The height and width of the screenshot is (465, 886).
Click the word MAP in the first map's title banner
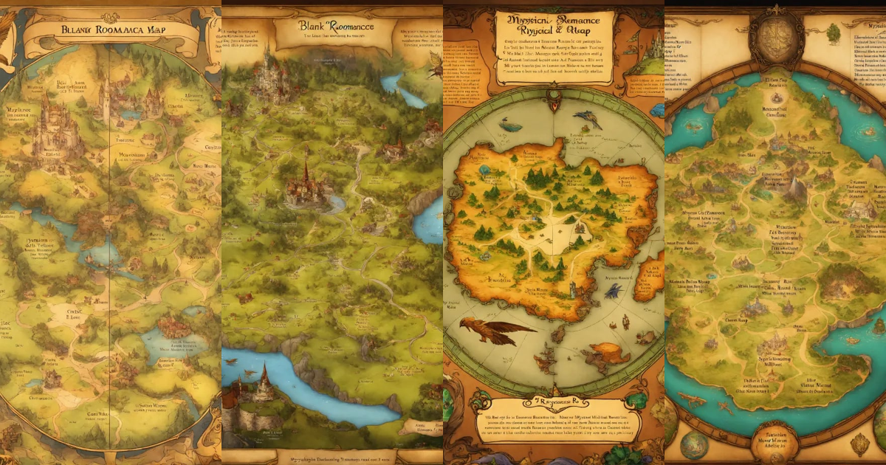point(165,30)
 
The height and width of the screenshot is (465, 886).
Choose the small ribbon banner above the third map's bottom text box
point(554,404)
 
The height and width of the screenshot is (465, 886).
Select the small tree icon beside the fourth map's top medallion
point(832,33)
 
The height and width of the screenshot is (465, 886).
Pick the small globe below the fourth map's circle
point(694,446)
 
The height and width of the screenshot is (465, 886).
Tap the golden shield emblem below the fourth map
point(859,444)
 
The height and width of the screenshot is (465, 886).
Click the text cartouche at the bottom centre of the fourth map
point(775,441)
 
